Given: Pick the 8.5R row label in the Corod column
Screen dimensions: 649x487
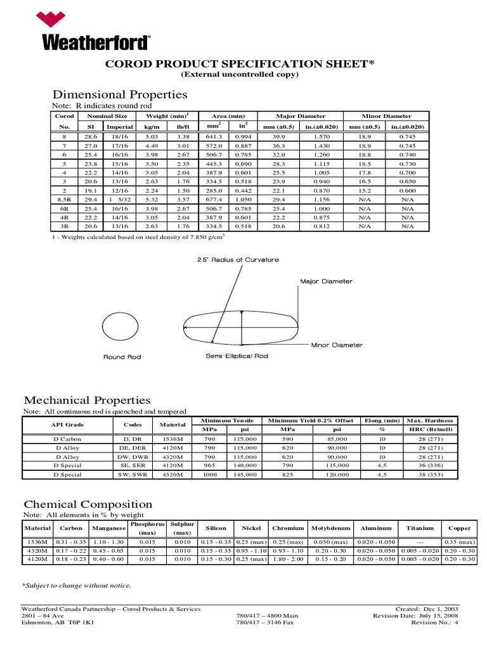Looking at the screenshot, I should click(x=64, y=198).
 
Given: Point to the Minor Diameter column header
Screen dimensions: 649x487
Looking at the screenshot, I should click(x=386, y=116).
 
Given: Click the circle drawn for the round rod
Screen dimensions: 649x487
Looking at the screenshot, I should click(x=121, y=328).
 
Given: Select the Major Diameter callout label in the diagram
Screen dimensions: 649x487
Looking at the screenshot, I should click(x=326, y=281).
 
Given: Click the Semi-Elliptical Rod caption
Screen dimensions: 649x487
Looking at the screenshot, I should click(x=237, y=356).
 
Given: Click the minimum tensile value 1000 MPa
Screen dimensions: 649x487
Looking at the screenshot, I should click(x=209, y=474).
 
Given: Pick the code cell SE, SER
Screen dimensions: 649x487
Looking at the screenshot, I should click(x=133, y=465).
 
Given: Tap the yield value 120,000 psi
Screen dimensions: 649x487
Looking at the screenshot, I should click(x=337, y=474).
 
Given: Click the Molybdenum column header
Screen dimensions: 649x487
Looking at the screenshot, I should click(x=331, y=528).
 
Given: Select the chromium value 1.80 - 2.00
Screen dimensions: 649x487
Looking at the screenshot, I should click(x=288, y=559).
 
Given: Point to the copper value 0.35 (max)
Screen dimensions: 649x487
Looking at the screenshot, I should click(x=460, y=543).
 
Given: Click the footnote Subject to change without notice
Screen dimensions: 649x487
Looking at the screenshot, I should click(x=77, y=585).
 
